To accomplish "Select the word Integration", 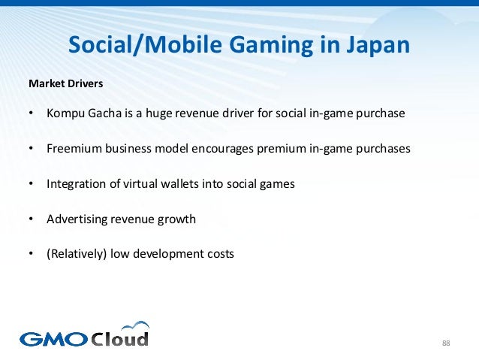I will tap(77, 183).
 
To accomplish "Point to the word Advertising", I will tap(77, 219).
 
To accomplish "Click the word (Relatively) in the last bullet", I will tap(77, 253).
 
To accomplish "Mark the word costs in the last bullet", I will tap(218, 253).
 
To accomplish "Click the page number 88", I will tap(446, 343).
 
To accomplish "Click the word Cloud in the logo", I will tap(120, 338).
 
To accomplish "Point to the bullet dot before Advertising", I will tap(31, 219).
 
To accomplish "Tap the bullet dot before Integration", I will tap(31, 183).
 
